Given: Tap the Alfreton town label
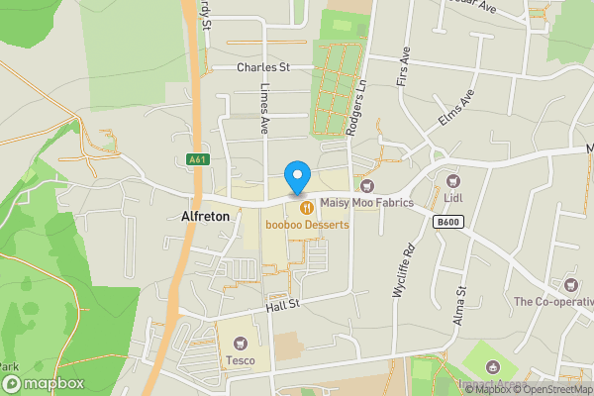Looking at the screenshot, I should click(206, 216).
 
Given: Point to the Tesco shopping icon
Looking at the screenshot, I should click(240, 344).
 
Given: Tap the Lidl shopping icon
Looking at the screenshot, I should click(453, 181).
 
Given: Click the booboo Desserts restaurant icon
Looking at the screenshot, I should click(307, 207).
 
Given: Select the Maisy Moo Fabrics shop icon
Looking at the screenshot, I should click(367, 185).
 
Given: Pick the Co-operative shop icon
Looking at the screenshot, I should click(572, 283).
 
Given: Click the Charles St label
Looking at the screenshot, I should click(262, 67).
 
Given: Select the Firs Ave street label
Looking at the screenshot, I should click(403, 65).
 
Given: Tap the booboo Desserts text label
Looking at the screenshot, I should click(307, 225).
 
